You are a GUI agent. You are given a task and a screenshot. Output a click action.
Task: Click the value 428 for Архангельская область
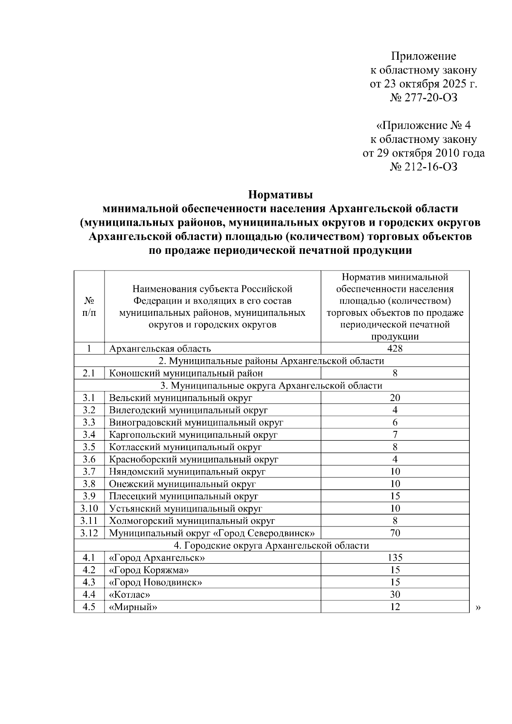click(395, 349)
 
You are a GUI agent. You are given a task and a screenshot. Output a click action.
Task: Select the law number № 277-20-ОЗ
click(423, 98)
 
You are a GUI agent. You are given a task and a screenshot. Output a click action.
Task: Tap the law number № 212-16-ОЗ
click(423, 167)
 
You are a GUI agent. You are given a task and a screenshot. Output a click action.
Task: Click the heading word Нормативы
click(280, 195)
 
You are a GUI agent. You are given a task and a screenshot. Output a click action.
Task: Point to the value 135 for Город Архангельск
click(395, 558)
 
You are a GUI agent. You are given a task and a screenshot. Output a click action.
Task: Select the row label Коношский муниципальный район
click(186, 373)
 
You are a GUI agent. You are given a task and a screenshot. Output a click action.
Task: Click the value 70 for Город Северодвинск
click(395, 533)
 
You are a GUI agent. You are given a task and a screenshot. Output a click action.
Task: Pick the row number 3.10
click(89, 509)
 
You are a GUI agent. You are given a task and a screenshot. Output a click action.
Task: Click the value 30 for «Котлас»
click(395, 595)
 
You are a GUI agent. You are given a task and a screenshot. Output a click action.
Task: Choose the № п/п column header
click(89, 307)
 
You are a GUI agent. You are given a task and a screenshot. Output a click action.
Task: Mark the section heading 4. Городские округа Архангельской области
click(271, 545)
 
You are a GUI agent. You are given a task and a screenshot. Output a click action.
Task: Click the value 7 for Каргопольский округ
click(395, 435)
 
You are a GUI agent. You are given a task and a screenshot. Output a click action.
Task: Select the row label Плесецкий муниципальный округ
click(183, 496)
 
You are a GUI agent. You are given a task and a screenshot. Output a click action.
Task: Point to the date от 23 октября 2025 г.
click(423, 84)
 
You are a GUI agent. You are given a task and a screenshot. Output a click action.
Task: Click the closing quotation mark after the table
click(477, 608)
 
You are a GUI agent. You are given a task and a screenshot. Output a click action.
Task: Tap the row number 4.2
click(89, 570)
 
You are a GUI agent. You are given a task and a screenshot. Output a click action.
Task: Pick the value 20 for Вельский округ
click(395, 398)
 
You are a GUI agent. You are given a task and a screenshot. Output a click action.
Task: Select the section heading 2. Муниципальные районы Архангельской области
click(271, 361)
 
